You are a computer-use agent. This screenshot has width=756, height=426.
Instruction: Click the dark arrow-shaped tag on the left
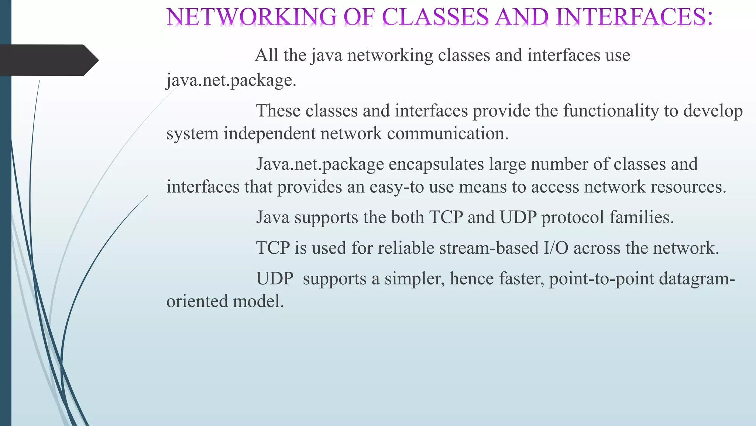pyautogui.click(x=48, y=60)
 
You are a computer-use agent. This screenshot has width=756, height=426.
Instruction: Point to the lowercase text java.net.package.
pyautogui.click(x=231, y=80)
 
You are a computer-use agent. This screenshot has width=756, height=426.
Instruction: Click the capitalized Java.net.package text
pyautogui.click(x=320, y=164)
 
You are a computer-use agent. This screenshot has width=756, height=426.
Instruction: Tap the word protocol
pyautogui.click(x=573, y=217)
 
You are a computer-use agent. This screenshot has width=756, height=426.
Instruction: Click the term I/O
pyautogui.click(x=556, y=248)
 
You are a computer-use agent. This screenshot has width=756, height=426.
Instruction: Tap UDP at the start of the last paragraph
pyautogui.click(x=275, y=279)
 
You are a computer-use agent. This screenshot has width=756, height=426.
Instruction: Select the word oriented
pyautogui.click(x=197, y=301)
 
